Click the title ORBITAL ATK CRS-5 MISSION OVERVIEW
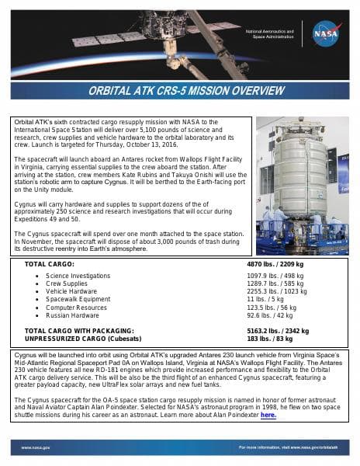click(180, 90)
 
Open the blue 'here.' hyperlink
click(268, 416)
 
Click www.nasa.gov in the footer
click(36, 448)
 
